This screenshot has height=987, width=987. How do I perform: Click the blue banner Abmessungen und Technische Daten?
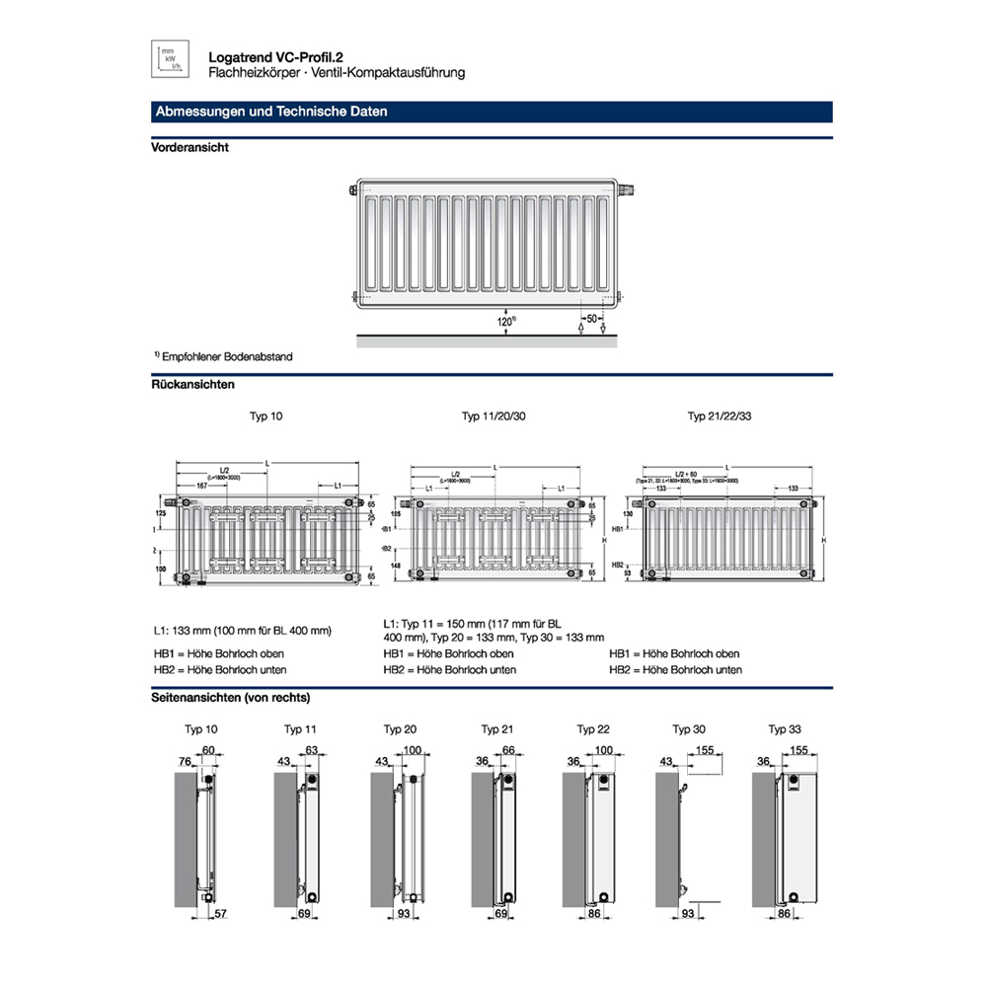pyautogui.click(x=271, y=113)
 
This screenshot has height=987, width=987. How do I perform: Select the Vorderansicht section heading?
pyautogui.click(x=190, y=147)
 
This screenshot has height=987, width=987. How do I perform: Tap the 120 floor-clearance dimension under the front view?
pyautogui.click(x=505, y=322)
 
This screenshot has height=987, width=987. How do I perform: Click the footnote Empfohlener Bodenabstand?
pyautogui.click(x=227, y=356)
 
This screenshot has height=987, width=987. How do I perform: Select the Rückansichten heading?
pyautogui.click(x=192, y=384)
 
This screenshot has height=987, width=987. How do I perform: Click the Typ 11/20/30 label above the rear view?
pyautogui.click(x=493, y=418)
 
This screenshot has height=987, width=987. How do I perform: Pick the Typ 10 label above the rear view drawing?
pyautogui.click(x=266, y=418)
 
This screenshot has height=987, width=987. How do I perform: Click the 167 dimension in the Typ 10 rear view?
pyautogui.click(x=201, y=487)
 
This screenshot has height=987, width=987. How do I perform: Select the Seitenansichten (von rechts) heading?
pyautogui.click(x=231, y=698)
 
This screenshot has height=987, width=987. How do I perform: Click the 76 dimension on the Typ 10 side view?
pyautogui.click(x=184, y=761)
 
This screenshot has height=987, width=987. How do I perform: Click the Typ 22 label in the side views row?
pyautogui.click(x=592, y=729)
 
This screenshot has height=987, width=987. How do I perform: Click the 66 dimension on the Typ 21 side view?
pyautogui.click(x=509, y=751)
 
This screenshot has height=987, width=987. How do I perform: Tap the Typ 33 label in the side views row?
pyautogui.click(x=785, y=729)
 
